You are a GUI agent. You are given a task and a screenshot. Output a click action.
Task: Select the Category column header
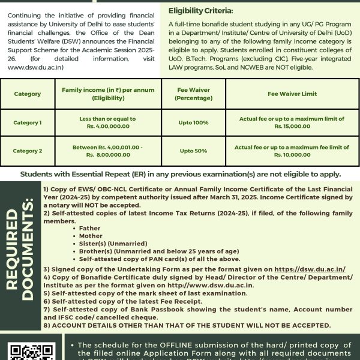(x=27, y=94)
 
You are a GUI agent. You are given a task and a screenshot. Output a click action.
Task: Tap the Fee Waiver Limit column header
(x=292, y=94)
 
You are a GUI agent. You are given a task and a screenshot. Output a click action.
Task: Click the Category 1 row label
(x=27, y=123)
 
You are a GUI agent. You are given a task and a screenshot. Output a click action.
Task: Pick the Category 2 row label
(x=27, y=151)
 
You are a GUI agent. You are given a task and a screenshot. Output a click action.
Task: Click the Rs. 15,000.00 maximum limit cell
(x=292, y=123)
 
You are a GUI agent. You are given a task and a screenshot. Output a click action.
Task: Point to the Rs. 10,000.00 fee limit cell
(x=292, y=151)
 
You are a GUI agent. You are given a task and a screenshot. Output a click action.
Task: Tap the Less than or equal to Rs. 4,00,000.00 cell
(x=99, y=123)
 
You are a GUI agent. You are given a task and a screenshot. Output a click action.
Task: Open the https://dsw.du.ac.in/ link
(x=310, y=269)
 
